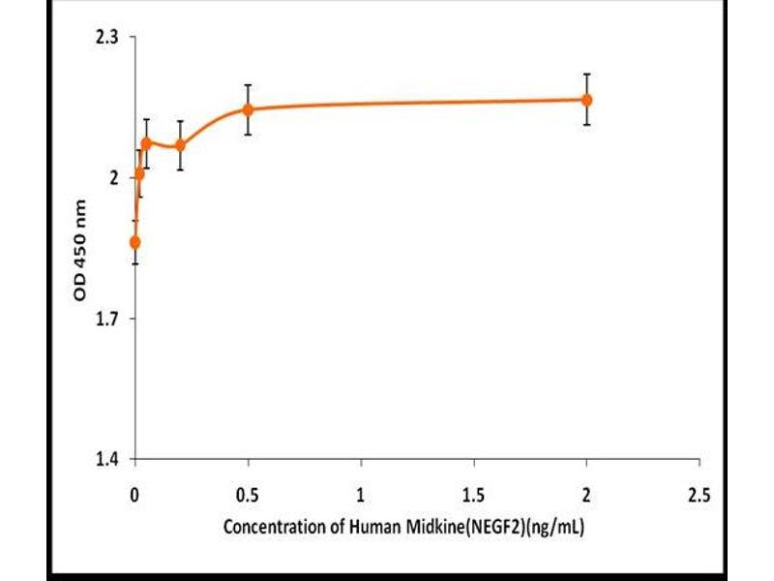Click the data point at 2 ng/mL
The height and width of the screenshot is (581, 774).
click(586, 100)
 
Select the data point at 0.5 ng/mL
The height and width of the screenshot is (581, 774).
click(248, 109)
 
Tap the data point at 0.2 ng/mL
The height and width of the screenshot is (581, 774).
click(180, 145)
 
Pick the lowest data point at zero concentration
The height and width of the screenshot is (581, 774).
click(134, 242)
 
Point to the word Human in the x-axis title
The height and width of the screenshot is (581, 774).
click(372, 529)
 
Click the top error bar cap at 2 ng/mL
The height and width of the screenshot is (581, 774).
click(586, 74)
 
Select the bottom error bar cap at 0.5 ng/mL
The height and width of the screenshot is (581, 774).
click(248, 134)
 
